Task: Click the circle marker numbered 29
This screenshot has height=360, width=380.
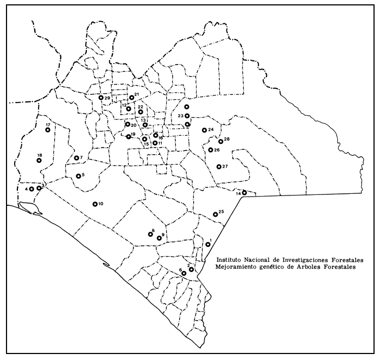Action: [x=101, y=98]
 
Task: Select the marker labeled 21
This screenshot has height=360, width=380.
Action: [x=131, y=98]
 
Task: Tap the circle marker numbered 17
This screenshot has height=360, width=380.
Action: [x=48, y=130]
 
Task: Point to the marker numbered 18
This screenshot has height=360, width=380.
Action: [x=39, y=161]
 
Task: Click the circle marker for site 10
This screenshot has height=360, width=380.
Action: [x=95, y=204]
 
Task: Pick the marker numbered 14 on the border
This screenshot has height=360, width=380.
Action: [x=244, y=192]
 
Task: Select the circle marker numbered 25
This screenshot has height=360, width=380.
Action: [x=216, y=214]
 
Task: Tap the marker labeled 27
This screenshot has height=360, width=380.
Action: [x=219, y=167]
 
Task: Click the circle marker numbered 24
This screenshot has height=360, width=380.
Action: [x=204, y=130]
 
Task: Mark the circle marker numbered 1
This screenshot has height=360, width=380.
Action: [x=208, y=244]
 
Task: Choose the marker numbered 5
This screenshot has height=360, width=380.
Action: [x=78, y=176]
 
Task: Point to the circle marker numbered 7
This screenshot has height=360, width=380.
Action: [x=77, y=159]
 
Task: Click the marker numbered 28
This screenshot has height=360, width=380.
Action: [x=221, y=142]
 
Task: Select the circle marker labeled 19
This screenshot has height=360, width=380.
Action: [x=129, y=137]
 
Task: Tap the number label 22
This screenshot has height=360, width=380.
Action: [x=141, y=107]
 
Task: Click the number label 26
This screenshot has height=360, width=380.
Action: [x=217, y=150]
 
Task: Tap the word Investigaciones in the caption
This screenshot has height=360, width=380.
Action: [x=301, y=260]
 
